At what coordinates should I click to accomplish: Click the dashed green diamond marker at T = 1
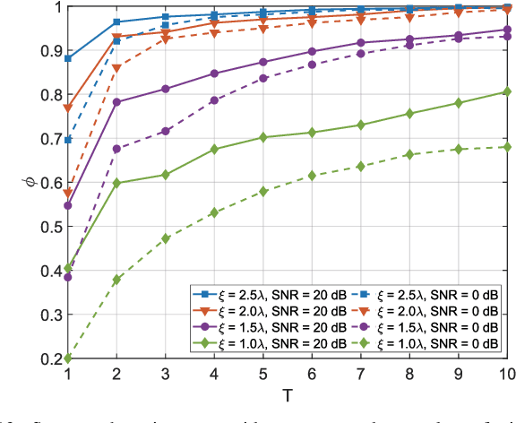tap(68, 358)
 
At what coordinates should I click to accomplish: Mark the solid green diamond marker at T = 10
tap(507, 91)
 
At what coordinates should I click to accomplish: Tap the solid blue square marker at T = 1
tap(68, 58)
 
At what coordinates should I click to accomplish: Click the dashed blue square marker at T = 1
tap(68, 140)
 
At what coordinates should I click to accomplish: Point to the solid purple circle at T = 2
tap(116, 102)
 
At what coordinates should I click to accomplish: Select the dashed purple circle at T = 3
tap(166, 131)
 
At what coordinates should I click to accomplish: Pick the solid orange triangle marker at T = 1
tap(68, 108)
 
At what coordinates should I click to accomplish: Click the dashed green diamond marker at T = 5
tap(263, 191)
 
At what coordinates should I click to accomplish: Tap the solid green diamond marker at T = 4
tap(214, 149)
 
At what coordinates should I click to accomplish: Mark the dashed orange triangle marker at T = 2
tap(116, 67)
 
